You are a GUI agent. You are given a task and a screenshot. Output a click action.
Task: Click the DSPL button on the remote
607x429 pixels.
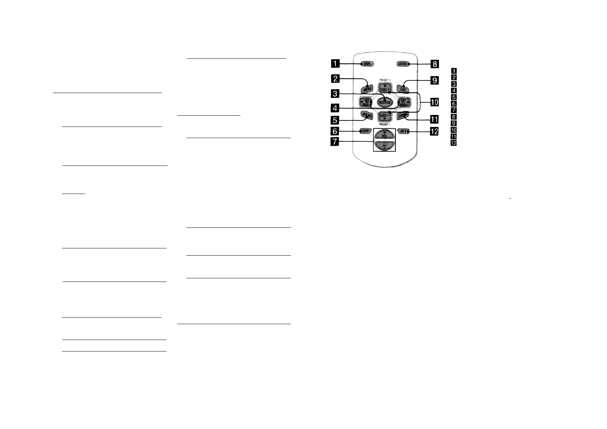pyautogui.click(x=367, y=64)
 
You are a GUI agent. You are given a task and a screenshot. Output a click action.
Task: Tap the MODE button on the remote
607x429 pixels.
pyautogui.click(x=403, y=64)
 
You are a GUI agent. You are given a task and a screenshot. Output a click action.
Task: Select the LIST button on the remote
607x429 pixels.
pyautogui.click(x=403, y=88)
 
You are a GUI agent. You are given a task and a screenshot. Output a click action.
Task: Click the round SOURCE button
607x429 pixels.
pyautogui.click(x=384, y=102)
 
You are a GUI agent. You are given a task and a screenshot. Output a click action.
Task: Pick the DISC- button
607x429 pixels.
pyautogui.click(x=384, y=116)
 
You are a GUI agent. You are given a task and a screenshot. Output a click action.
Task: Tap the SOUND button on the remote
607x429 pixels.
pyautogui.click(x=366, y=116)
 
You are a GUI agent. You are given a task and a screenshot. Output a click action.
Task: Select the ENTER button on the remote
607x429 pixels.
pyautogui.click(x=402, y=116)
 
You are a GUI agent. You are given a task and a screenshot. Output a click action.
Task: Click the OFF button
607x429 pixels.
pyautogui.click(x=366, y=131)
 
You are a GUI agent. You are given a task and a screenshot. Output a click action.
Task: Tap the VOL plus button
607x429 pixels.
pyautogui.click(x=384, y=134)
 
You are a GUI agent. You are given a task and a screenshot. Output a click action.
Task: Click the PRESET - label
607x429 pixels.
pyautogui.click(x=384, y=124)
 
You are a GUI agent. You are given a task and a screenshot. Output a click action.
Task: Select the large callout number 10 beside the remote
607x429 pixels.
pyautogui.click(x=434, y=103)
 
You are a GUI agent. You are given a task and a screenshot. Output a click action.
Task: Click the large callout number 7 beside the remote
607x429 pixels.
pyautogui.click(x=335, y=142)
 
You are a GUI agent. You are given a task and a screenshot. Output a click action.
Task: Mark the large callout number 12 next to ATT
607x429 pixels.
pyautogui.click(x=434, y=132)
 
